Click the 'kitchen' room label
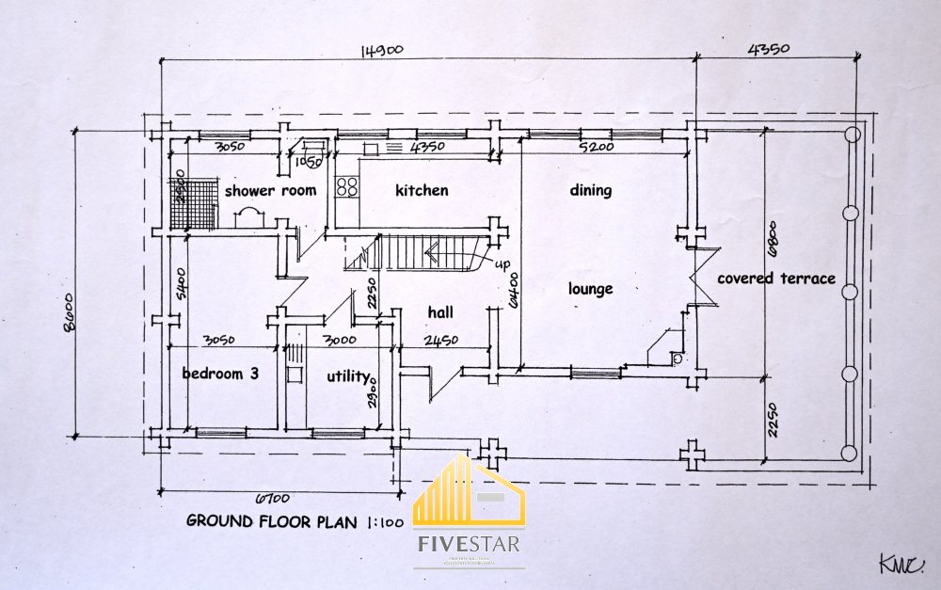click(x=421, y=191)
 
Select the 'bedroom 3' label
click(x=220, y=374)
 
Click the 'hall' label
click(x=440, y=312)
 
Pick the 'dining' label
click(x=590, y=190)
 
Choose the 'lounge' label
click(x=590, y=289)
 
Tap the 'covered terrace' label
click(x=775, y=279)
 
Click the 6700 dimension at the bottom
click(x=272, y=498)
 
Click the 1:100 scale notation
click(x=382, y=520)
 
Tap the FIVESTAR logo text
click(x=470, y=544)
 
